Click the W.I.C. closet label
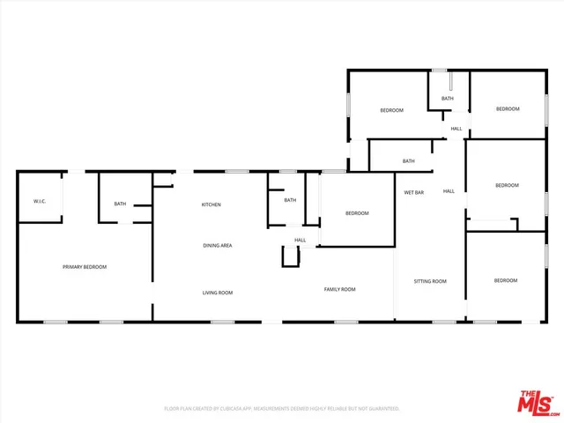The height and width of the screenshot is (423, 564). (x=40, y=201)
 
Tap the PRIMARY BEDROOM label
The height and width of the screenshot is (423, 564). (x=85, y=266)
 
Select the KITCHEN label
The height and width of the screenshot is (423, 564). (x=211, y=204)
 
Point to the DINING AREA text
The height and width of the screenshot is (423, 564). (x=218, y=245)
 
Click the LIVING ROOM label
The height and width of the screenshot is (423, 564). (x=217, y=293)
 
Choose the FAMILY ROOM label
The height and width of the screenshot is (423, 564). (x=339, y=289)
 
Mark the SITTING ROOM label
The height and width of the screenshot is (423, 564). (x=430, y=281)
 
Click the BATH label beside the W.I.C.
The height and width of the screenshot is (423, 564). (x=120, y=204)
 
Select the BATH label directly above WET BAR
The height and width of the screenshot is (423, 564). (x=409, y=160)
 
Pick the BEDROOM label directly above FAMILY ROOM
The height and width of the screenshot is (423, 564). (x=356, y=213)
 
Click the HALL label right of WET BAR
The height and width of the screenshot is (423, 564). (x=449, y=191)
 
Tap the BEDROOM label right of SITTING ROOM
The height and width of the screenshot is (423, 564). (x=506, y=280)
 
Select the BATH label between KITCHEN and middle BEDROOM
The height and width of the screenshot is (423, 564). (x=290, y=200)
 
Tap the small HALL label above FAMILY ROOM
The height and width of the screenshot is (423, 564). (x=300, y=240)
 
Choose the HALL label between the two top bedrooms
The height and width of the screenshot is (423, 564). (x=456, y=129)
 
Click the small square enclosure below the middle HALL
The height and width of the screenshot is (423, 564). (x=291, y=256)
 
